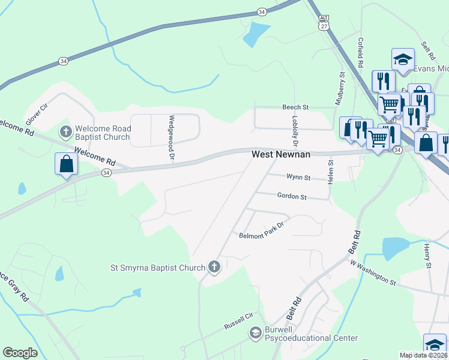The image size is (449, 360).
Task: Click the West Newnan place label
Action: click(x=280, y=154)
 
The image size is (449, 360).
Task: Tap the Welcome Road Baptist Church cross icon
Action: click(x=65, y=131)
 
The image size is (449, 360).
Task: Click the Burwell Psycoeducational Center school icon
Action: click(x=255, y=332)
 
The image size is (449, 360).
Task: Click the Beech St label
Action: click(x=295, y=107)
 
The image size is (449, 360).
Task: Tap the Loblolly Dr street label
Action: click(x=295, y=130)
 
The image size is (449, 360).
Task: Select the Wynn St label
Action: click(x=298, y=178)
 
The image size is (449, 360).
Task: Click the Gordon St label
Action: click(x=292, y=196)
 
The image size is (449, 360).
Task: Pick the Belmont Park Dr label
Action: click(x=261, y=235)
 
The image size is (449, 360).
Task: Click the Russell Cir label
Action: click(x=240, y=325)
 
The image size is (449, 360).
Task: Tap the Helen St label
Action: click(x=330, y=172)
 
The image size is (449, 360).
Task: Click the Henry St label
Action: click(x=427, y=256)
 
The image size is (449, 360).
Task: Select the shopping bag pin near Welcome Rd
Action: click(x=65, y=164)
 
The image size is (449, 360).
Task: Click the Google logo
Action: click(x=20, y=353)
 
